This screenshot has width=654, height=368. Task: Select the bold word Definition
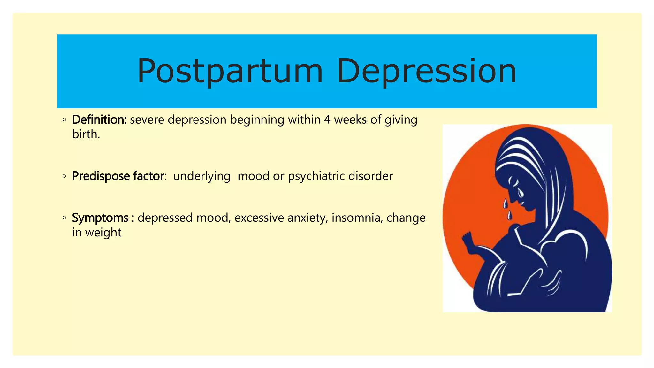[99, 119]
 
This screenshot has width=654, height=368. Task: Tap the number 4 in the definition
[327, 119]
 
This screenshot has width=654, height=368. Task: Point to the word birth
[86, 134]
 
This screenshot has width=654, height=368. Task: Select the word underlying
[202, 176]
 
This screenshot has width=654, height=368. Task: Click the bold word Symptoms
[100, 218]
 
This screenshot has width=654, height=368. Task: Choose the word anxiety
[308, 218]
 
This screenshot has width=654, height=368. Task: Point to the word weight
[103, 233]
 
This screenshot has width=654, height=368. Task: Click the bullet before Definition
[65, 120]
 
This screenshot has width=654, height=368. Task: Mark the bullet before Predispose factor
[65, 176]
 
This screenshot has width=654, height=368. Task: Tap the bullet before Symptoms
[65, 218]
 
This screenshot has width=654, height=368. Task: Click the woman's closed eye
[514, 182]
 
